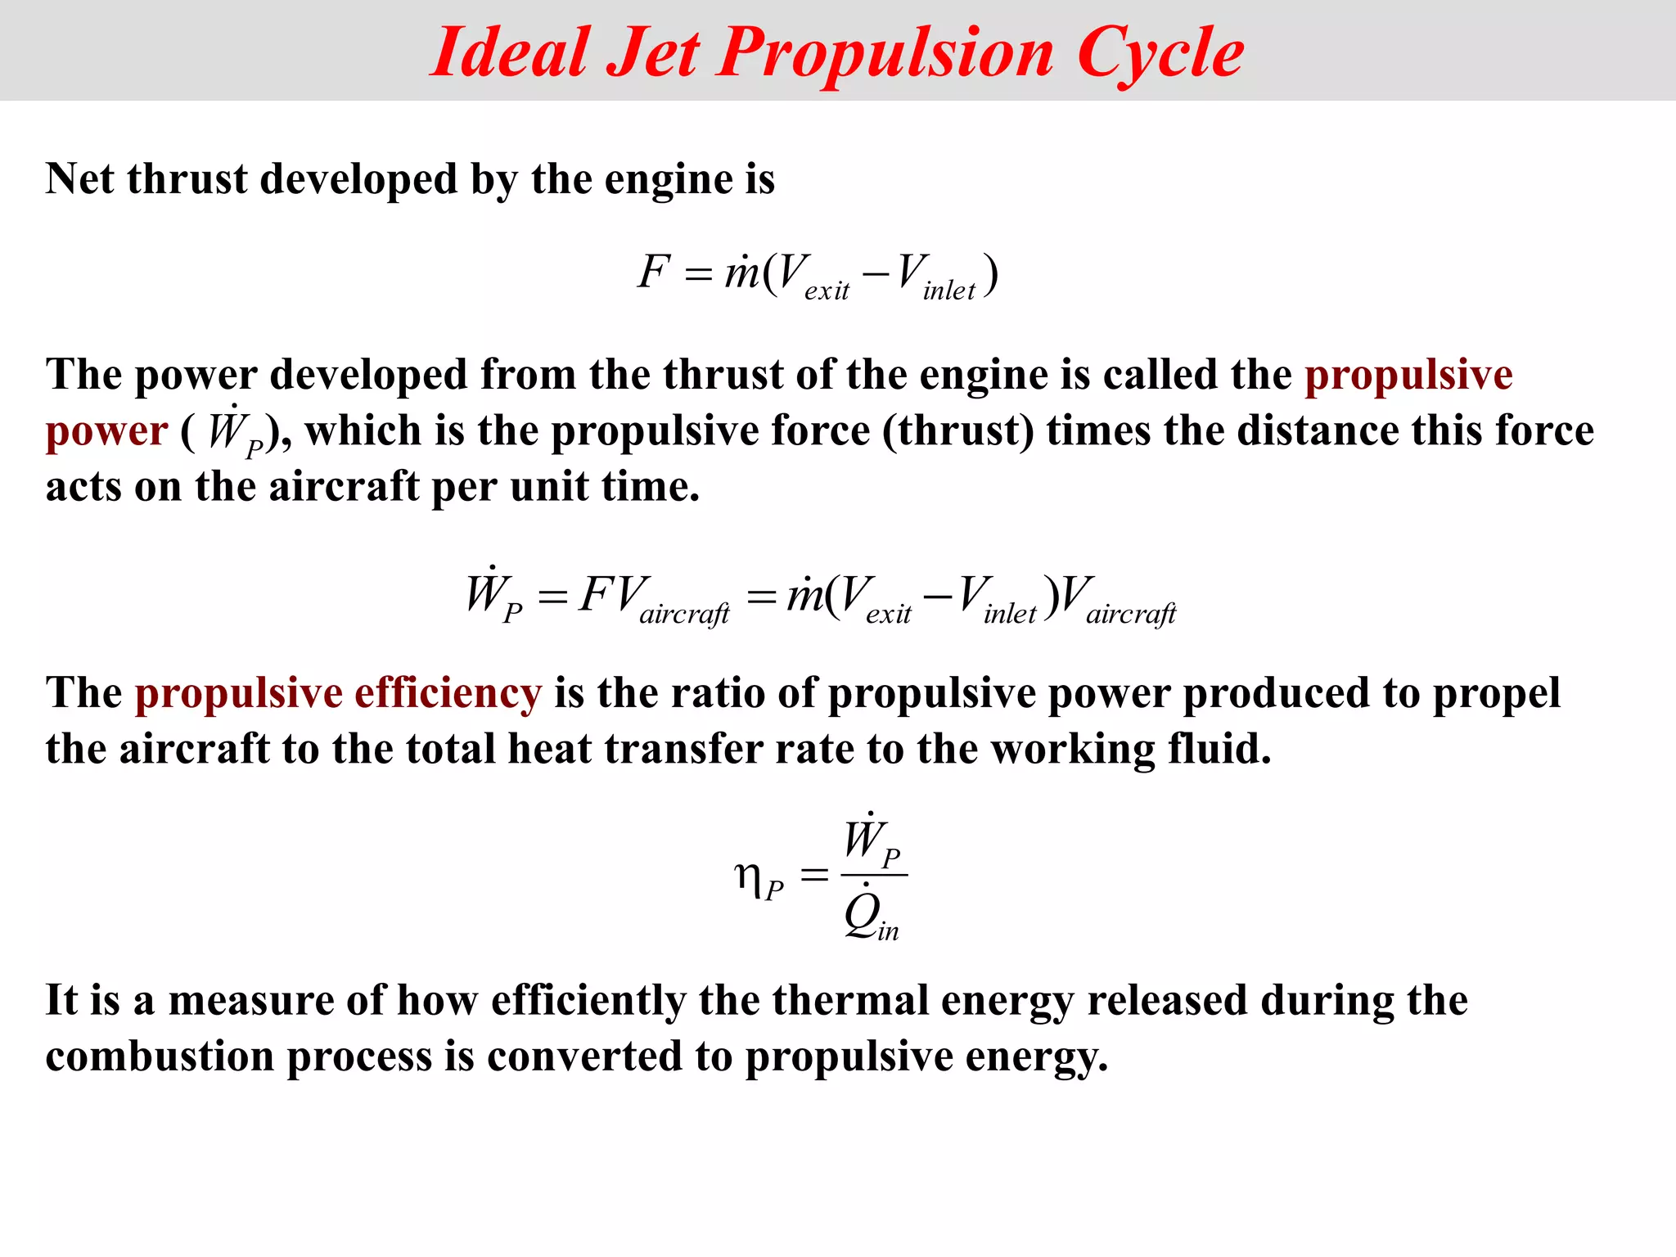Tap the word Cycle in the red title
pos(1160,54)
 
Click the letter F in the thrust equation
pos(654,272)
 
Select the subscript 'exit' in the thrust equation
pos(827,291)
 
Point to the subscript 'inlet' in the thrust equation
pos(948,291)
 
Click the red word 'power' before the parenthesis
pos(106,431)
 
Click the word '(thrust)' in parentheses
pos(957,430)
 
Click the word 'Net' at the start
pos(79,178)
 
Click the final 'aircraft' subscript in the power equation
pos(1130,614)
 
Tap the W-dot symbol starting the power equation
pos(484,592)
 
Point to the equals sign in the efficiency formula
pos(813,876)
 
